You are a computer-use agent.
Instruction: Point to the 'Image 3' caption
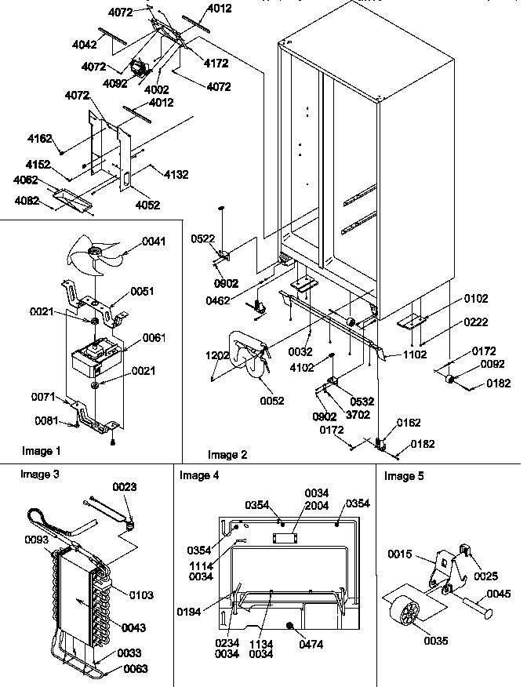(38, 474)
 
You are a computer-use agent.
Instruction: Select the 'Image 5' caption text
(404, 475)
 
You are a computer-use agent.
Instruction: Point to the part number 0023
(124, 487)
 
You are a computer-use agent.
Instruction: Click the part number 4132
(176, 174)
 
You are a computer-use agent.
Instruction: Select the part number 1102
(415, 354)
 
